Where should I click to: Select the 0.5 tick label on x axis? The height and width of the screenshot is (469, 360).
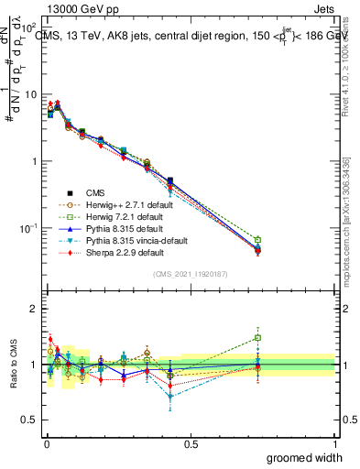(x=191, y=444)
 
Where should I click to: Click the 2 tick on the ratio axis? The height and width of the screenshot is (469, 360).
(x=33, y=309)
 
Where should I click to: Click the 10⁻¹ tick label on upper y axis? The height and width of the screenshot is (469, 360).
(x=27, y=228)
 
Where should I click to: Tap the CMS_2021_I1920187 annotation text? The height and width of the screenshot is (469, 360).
(x=190, y=275)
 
